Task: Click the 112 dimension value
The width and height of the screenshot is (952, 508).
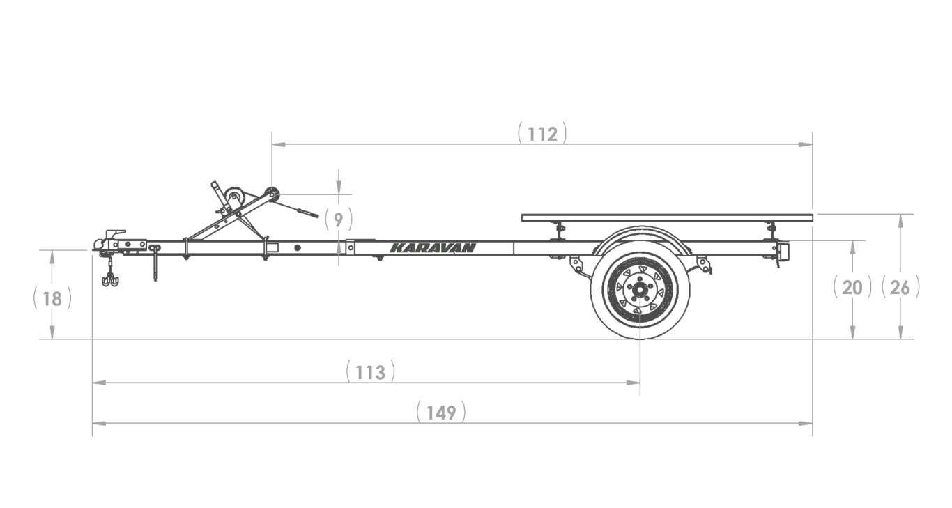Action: (x=542, y=134)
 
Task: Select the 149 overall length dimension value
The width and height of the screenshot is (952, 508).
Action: (x=441, y=413)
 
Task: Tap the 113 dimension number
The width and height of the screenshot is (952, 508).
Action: (x=370, y=372)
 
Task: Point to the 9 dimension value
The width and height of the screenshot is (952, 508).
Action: (x=338, y=220)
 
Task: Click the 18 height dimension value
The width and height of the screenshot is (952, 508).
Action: (x=52, y=299)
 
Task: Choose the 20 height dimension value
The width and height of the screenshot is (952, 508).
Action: (x=852, y=287)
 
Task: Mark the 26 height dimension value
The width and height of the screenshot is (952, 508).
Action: (x=900, y=287)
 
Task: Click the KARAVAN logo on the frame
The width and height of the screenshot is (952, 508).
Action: (x=432, y=247)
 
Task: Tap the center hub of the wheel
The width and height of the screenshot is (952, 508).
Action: (x=639, y=288)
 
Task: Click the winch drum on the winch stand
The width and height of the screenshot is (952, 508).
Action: (x=234, y=197)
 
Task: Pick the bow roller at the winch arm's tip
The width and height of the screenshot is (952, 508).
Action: (x=272, y=194)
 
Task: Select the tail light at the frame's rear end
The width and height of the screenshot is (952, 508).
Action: (x=783, y=252)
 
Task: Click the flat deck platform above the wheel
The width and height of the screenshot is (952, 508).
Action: (x=666, y=217)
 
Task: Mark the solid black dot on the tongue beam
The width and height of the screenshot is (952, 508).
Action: (x=298, y=247)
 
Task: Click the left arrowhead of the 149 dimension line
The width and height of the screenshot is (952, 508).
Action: (x=98, y=423)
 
